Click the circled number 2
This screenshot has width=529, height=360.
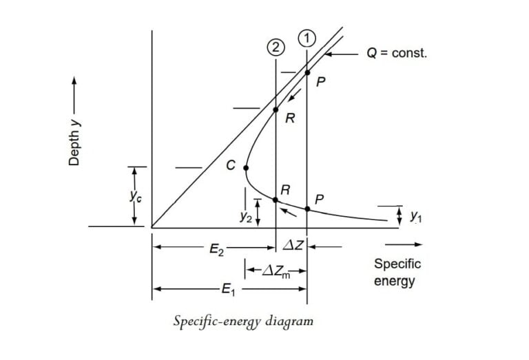(275, 47)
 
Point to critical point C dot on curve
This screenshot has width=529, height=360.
(246, 167)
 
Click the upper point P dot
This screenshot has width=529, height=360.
(307, 72)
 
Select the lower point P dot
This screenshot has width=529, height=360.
(307, 208)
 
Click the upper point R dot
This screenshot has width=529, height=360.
(276, 109)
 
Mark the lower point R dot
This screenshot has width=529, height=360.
(276, 200)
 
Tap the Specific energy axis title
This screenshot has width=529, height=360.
(397, 272)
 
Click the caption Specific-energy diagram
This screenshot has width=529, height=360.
(243, 321)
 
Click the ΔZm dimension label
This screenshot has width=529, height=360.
(274, 271)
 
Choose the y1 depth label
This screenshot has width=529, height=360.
(415, 216)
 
